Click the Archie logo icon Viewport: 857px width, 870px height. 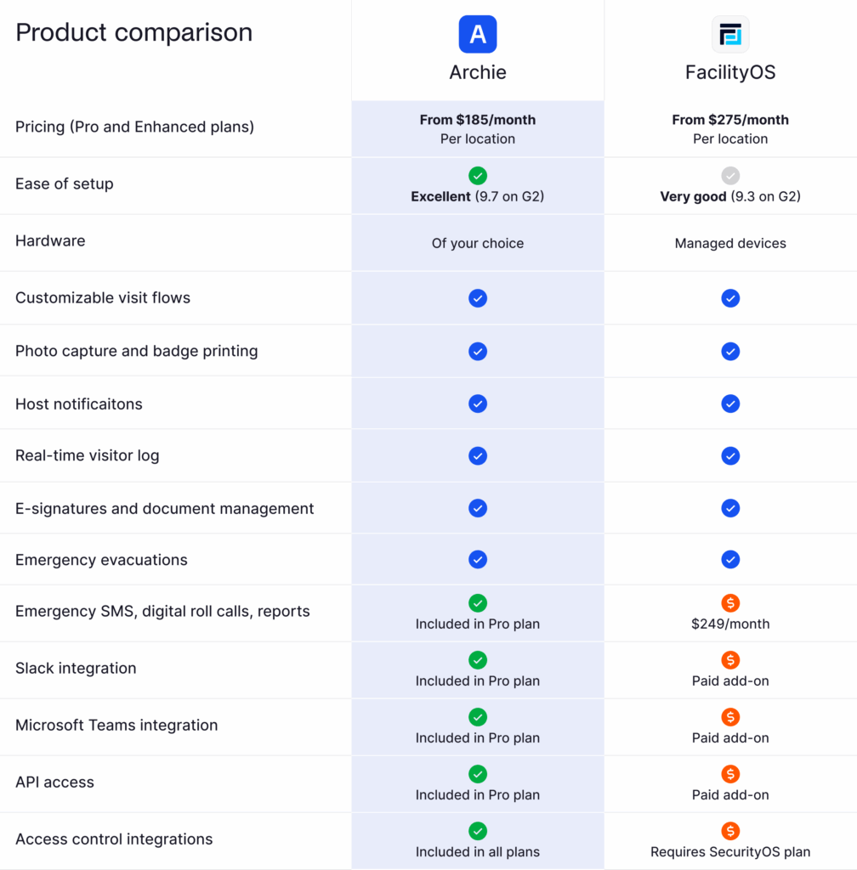478,34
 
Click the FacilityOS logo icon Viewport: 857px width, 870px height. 730,34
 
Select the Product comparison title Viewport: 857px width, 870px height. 134,32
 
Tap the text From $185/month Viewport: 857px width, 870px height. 478,120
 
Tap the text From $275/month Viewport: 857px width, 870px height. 730,120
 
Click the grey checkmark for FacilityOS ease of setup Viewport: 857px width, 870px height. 730,176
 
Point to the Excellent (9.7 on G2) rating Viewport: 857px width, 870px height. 478,196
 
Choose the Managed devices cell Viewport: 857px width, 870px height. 730,243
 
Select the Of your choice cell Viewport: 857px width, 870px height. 478,243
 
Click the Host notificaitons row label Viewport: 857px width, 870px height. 79,404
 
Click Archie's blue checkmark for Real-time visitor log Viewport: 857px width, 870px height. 478,455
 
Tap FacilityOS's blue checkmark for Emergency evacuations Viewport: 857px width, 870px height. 730,560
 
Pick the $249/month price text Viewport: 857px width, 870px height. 730,624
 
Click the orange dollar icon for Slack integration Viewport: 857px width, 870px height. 730,660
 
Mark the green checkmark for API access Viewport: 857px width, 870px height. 478,774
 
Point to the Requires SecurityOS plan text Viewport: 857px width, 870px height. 730,851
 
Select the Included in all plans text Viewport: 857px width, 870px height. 478,851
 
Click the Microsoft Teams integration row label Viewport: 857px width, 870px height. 116,725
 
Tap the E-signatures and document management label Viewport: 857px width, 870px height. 165,508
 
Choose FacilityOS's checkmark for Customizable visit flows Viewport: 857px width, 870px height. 730,298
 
